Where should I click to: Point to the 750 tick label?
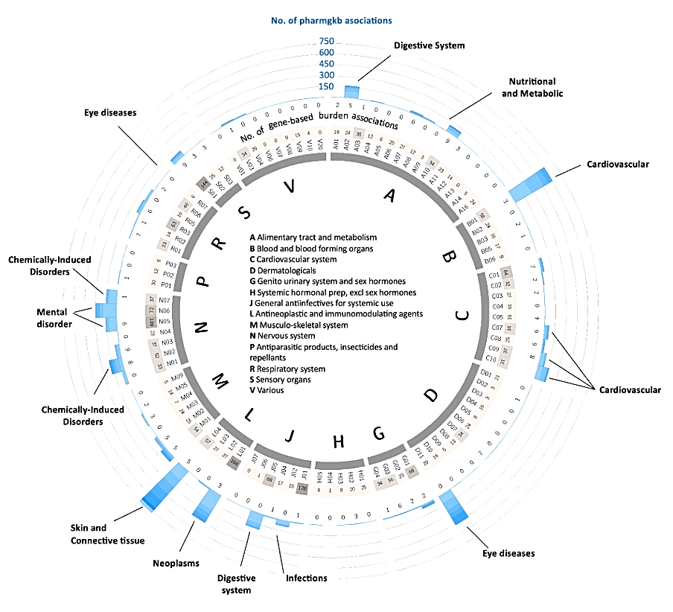coord(326,41)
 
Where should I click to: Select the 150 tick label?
coord(326,86)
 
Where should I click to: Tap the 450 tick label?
coord(326,64)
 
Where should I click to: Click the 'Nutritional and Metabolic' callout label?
coord(532,87)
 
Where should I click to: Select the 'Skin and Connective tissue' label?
coord(103,534)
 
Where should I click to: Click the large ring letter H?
coord(339,442)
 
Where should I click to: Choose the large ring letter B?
coord(450,258)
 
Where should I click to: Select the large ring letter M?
coord(220,382)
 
